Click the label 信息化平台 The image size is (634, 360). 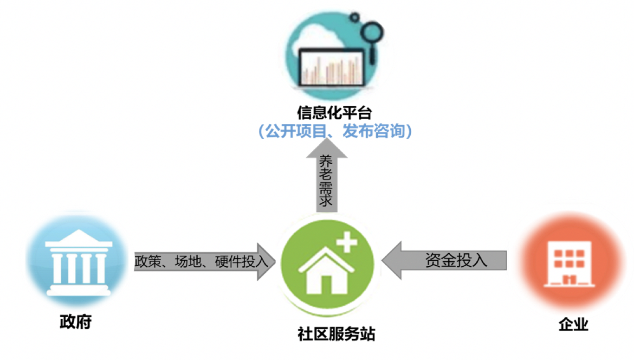coord(335,113)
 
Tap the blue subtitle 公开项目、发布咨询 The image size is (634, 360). coord(335,132)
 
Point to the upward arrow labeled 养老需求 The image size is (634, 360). coord(326,179)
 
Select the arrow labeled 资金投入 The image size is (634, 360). coord(446,260)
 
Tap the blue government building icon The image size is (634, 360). coord(78,262)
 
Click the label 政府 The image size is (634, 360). coord(76,322)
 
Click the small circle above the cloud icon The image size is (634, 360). coord(355,18)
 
